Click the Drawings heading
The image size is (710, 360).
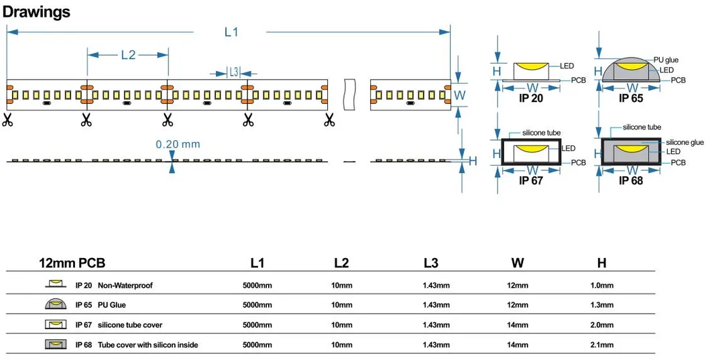tap(37, 11)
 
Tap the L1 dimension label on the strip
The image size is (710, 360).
tap(231, 32)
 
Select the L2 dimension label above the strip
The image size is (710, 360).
tap(127, 56)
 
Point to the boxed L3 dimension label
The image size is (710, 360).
tap(233, 72)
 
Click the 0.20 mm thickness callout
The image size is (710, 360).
tap(178, 144)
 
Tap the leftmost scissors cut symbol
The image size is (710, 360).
tap(7, 121)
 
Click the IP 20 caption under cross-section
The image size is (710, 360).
tap(530, 99)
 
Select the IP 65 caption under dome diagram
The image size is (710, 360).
tap(632, 99)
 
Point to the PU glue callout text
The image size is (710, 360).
tap(666, 60)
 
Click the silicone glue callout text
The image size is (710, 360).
tap(685, 142)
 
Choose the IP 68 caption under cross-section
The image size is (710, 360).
tap(632, 180)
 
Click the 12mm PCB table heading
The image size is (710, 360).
tap(72, 263)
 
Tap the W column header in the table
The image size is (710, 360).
tap(517, 263)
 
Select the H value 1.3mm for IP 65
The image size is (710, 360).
tap(601, 305)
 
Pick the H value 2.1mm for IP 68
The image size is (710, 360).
tap(601, 345)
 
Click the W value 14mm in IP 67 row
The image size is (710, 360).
tap(517, 325)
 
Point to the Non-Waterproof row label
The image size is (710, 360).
tap(125, 286)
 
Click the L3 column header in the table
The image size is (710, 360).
tap(432, 263)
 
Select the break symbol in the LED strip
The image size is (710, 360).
tap(348, 94)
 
